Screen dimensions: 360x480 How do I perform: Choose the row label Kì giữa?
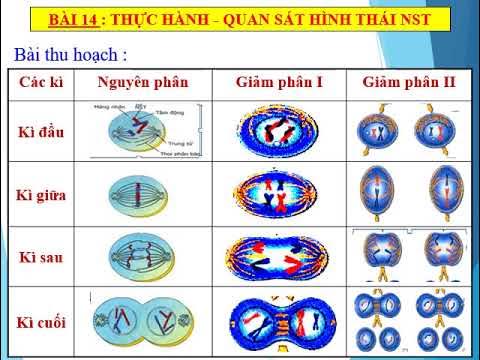(x=43, y=194)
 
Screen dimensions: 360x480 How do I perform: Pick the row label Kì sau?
(x=43, y=257)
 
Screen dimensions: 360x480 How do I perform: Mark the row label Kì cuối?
(x=43, y=320)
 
